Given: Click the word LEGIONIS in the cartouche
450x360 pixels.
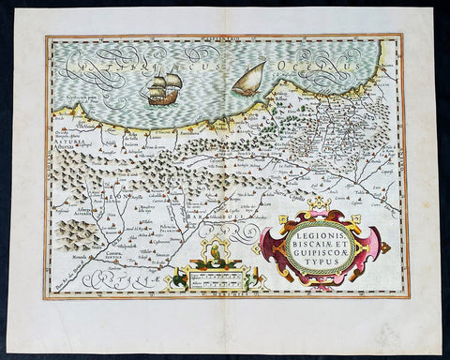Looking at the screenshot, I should (x=321, y=227).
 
